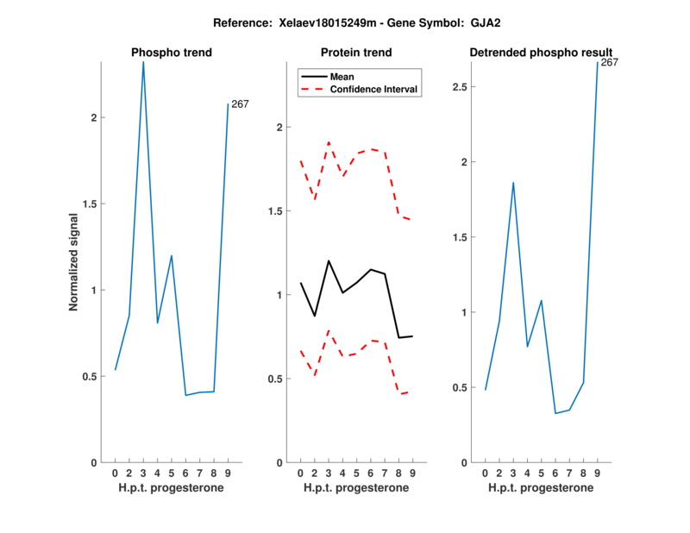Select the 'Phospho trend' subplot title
coord(172,53)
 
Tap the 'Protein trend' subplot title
coord(356,53)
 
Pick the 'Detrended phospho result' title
coord(541,53)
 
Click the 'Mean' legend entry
coord(342,76)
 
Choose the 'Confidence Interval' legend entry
coord(373,89)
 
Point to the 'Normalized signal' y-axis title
coord(73,262)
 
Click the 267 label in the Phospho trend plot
coord(240,104)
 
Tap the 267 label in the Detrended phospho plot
coord(609,62)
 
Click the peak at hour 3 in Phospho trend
coord(143,61)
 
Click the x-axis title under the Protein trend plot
coord(356,487)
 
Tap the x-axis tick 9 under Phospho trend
coord(228,473)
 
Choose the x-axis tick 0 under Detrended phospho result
coord(485,473)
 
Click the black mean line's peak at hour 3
coord(329,260)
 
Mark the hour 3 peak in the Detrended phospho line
coord(513,183)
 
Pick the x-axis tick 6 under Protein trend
coord(370,473)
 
